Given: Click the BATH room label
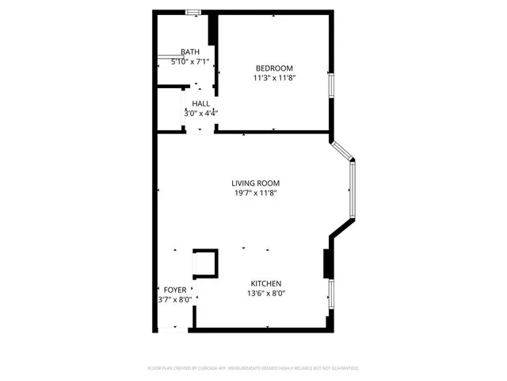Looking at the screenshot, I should (x=190, y=52).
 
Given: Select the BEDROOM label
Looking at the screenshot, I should (x=274, y=67).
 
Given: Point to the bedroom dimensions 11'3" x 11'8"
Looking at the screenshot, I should (x=274, y=78).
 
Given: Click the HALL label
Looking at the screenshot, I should (x=200, y=103).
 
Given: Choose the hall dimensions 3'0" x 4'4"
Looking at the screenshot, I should (x=200, y=114).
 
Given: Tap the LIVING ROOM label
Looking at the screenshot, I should (x=255, y=183).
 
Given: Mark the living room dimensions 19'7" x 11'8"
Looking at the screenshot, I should (x=255, y=194).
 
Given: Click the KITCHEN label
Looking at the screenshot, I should (x=266, y=283).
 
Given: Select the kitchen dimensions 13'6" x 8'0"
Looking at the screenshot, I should (x=266, y=294).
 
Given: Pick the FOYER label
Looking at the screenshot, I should (x=174, y=290).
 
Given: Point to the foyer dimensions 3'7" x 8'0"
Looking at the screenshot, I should (x=174, y=300).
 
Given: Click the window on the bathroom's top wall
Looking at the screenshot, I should (x=192, y=11).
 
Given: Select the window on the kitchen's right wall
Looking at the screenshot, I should (x=331, y=294).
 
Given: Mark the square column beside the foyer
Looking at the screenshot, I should (x=205, y=263).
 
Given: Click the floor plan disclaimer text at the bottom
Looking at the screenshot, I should (x=253, y=368).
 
